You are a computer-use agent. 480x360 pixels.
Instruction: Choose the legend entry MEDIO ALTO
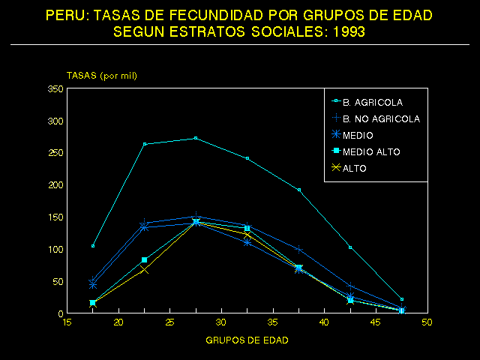tap(371, 151)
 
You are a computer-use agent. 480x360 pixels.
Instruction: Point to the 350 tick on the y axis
tap(55, 88)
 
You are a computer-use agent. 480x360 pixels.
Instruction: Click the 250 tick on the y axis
tap(55, 153)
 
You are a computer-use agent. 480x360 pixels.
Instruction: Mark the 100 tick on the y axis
tap(55, 249)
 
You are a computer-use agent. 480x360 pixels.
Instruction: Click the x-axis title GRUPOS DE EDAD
tap(247, 340)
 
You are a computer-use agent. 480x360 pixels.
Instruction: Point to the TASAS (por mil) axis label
tap(102, 76)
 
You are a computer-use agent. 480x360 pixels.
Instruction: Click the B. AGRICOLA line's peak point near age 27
tap(196, 138)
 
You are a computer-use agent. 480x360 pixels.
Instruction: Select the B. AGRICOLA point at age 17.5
tap(93, 246)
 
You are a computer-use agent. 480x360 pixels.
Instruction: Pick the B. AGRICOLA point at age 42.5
tap(350, 247)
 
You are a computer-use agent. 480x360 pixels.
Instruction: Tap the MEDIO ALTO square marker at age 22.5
tap(145, 259)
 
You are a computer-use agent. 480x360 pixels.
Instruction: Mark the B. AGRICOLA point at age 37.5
tap(299, 190)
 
